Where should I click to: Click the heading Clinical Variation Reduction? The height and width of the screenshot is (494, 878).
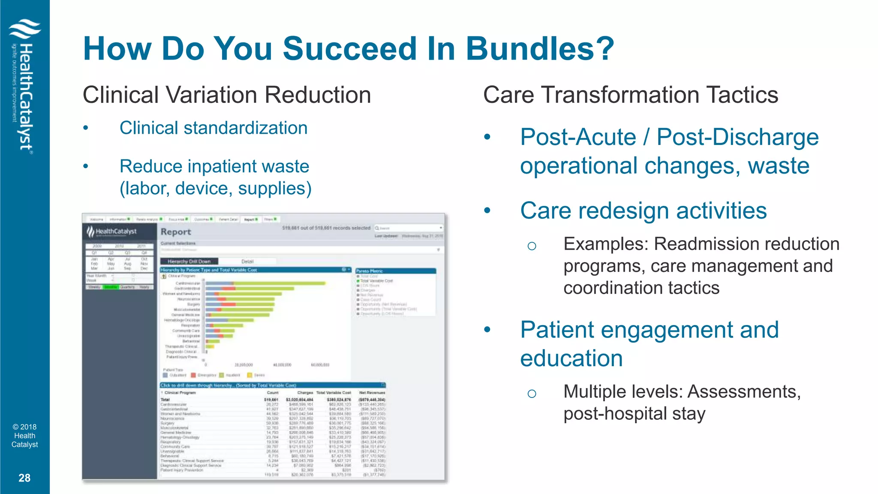[226, 95]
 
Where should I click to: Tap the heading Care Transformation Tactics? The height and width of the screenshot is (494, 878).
[630, 95]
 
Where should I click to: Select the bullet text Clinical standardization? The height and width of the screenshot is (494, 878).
[213, 128]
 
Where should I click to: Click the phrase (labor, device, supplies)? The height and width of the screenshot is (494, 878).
[215, 189]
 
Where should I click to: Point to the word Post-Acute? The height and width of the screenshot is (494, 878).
[577, 137]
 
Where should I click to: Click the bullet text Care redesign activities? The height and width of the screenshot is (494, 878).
[643, 211]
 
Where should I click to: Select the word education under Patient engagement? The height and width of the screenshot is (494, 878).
[571, 358]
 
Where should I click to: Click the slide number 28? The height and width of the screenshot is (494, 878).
[24, 478]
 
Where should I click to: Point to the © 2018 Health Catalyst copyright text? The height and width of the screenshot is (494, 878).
[24, 436]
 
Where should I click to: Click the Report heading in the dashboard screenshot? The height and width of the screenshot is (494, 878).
[176, 232]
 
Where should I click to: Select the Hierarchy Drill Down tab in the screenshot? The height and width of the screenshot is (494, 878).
[189, 261]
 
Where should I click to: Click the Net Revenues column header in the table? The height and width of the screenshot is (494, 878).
[372, 392]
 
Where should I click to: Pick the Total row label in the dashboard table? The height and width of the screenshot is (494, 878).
[165, 399]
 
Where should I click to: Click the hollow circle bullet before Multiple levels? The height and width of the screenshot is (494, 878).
[532, 394]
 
